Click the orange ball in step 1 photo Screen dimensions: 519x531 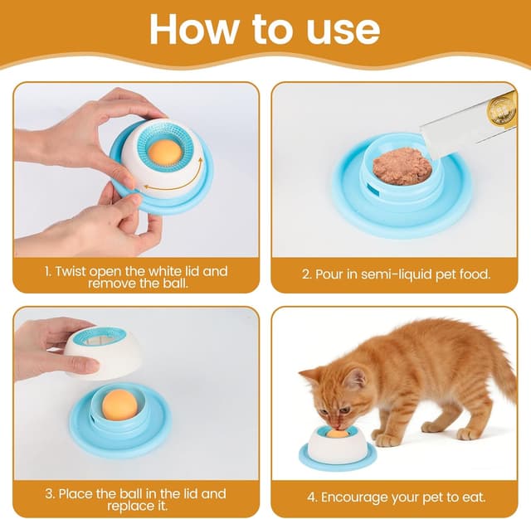[x=165, y=152]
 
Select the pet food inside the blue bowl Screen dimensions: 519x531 [x=402, y=167]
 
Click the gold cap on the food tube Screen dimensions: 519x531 [x=502, y=109]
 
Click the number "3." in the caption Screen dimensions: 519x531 [x=51, y=493]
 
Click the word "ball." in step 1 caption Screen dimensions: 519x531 [x=171, y=283]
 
